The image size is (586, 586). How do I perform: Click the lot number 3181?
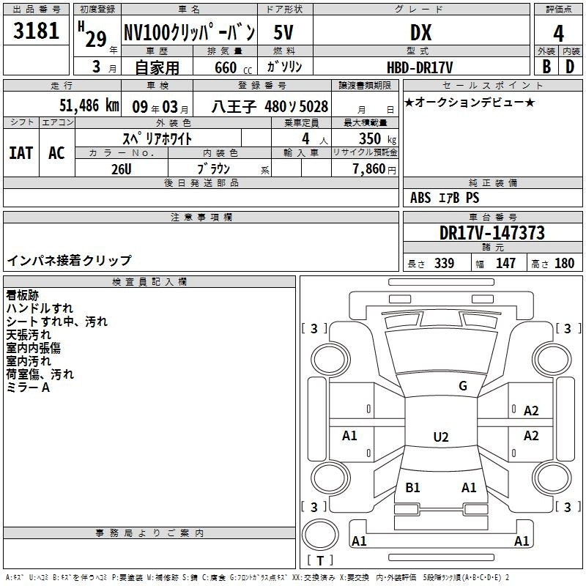[x=36, y=31]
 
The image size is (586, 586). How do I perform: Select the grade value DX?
[x=420, y=32]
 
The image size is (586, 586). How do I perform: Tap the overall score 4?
[x=558, y=34]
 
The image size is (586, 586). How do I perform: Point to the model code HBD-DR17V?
[x=420, y=67]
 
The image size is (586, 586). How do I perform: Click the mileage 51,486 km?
[x=89, y=105]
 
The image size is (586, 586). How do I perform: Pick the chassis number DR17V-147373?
[x=492, y=233]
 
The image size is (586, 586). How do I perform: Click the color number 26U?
[x=122, y=169]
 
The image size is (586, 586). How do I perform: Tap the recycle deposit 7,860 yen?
[x=374, y=169]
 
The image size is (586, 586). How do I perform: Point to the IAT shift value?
[x=21, y=153]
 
